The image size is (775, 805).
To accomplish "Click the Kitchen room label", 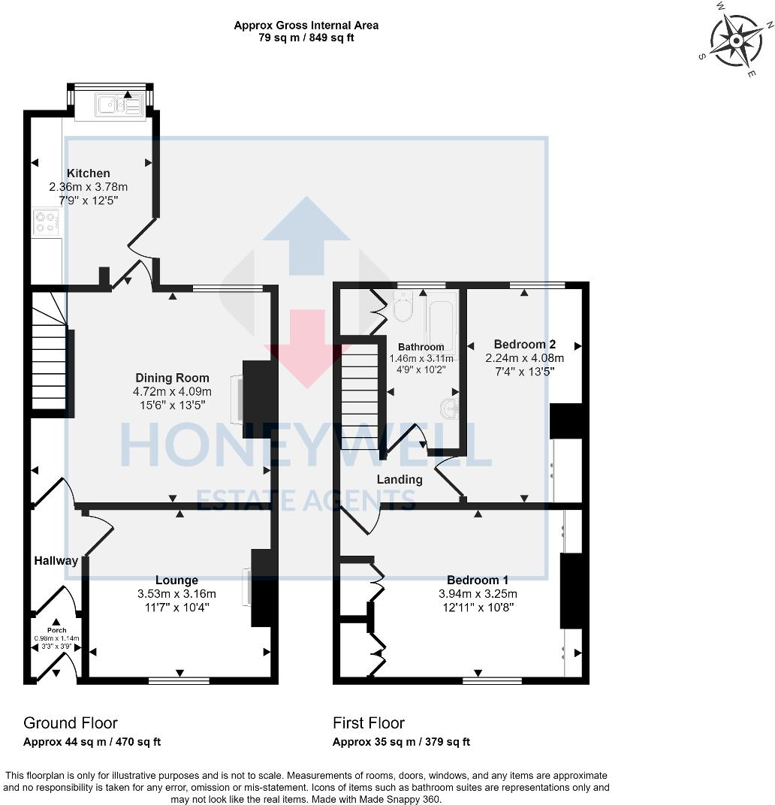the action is point(89,173).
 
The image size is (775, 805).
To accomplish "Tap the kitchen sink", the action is point(119,106).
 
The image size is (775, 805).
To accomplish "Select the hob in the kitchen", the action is point(46,222).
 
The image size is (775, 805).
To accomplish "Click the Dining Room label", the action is point(172,378).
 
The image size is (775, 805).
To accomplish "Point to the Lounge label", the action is point(176,580).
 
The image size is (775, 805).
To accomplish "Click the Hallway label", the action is point(56,560).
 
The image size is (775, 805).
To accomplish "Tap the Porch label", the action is point(56,630).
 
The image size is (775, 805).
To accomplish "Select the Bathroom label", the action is point(421,347).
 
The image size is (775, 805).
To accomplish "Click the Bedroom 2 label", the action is point(524,345).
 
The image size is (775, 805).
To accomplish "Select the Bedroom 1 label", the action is point(478,580).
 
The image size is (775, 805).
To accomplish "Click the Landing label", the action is point(400,479).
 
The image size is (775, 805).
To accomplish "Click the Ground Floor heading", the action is point(71,722).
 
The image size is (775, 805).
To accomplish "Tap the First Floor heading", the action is point(369,722).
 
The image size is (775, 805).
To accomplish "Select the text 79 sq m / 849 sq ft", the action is point(306,38).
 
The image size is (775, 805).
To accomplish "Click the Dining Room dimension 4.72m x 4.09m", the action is point(172,391).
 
